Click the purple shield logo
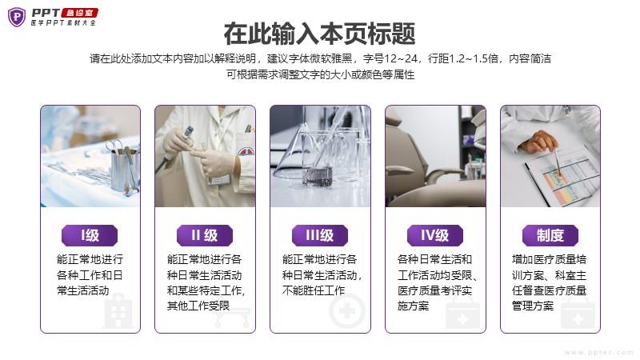coord(17,17)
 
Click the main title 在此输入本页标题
coord(319,34)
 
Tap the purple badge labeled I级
coord(90,235)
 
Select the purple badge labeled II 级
coord(205,235)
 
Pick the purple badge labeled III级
coord(319,235)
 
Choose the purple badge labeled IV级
coord(435,235)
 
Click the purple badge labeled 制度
coord(550,235)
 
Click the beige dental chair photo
coord(435,156)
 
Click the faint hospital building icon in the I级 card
coord(118,312)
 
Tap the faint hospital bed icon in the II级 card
coord(232,317)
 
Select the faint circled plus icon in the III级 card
coord(347,311)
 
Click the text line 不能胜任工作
coord(314,290)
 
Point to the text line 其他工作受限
coord(198,306)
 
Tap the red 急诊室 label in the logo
coord(79,13)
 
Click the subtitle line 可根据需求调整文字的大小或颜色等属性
coord(321,74)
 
